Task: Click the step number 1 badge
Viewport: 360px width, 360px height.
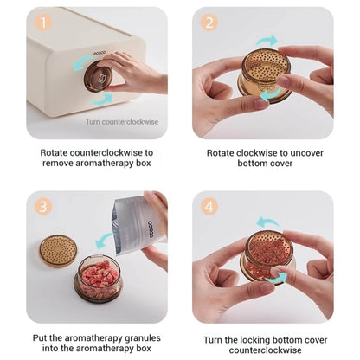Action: [x=44, y=22]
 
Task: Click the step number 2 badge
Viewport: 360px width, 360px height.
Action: [x=209, y=22]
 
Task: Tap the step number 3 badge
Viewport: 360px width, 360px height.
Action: [x=43, y=207]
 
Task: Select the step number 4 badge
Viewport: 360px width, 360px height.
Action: [x=209, y=207]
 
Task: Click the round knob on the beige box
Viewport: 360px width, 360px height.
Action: [x=98, y=77]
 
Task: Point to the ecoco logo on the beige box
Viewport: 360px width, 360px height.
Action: [x=100, y=53]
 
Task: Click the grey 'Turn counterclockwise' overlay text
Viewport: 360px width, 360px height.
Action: [x=122, y=122]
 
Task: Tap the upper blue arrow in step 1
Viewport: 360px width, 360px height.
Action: [x=82, y=63]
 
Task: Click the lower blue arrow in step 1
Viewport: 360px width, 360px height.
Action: [x=101, y=100]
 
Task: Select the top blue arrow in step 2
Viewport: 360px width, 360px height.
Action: [x=267, y=41]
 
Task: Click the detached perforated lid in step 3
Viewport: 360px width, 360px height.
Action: [x=58, y=251]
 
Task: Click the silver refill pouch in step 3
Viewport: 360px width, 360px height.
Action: [x=138, y=226]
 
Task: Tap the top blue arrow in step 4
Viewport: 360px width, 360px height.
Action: [x=267, y=222]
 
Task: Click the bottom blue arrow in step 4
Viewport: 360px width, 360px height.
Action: [x=276, y=277]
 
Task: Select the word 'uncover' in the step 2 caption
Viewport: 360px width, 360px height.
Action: [x=306, y=153]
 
